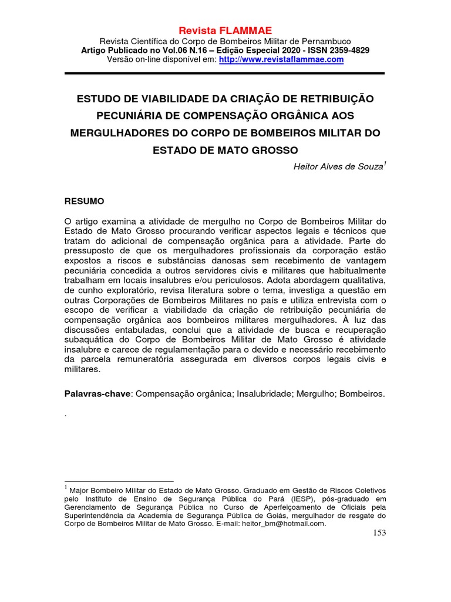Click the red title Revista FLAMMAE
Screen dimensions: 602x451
pyautogui.click(x=225, y=31)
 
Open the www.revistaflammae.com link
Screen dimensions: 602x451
pyautogui.click(x=281, y=59)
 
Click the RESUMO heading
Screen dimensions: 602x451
pyautogui.click(x=84, y=201)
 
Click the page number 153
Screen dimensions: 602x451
pyautogui.click(x=379, y=533)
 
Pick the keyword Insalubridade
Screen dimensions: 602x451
pyautogui.click(x=265, y=394)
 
